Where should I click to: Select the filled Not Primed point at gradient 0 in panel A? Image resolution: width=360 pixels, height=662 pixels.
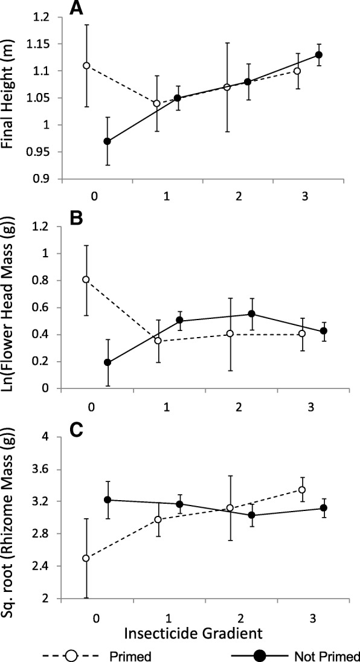[107, 141]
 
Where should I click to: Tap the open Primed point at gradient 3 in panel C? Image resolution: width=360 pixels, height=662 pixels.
[302, 490]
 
